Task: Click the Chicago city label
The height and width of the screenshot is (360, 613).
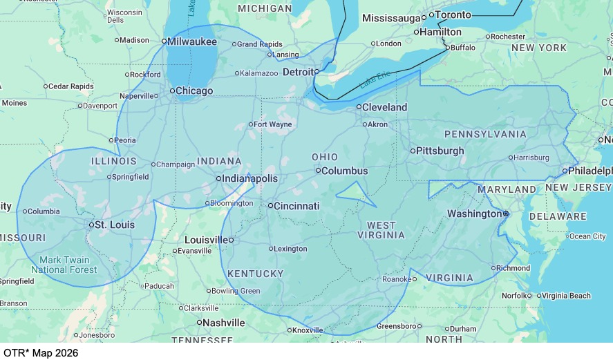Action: pos(194,91)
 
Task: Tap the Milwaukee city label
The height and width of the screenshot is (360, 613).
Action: pos(192,41)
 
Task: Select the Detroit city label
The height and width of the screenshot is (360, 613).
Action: pos(299,72)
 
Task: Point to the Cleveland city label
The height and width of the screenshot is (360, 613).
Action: pos(385,107)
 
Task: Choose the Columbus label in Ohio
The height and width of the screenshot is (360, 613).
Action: pos(345,171)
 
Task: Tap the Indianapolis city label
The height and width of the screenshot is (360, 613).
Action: pos(250,178)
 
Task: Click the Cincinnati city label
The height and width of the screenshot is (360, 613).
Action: pos(296,206)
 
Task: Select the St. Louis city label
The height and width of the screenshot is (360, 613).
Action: pos(115,225)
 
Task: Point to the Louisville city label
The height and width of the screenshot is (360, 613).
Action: pos(206,240)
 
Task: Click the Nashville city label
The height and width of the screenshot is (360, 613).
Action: pos(223,323)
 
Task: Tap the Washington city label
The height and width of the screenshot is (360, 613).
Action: pos(474,214)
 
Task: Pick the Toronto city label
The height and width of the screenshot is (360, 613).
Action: pos(454,15)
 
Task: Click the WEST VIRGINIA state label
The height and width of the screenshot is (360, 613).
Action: pos(381,230)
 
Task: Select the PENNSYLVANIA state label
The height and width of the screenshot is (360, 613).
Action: pos(485,134)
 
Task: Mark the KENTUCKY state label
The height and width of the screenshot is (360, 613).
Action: pos(256,274)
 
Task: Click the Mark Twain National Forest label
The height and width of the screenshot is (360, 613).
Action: pos(64,265)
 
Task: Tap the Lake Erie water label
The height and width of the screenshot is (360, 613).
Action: pos(375,79)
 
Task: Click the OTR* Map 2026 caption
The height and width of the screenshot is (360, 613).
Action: pos(41,352)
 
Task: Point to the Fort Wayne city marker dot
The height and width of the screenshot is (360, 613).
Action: pos(251,125)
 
